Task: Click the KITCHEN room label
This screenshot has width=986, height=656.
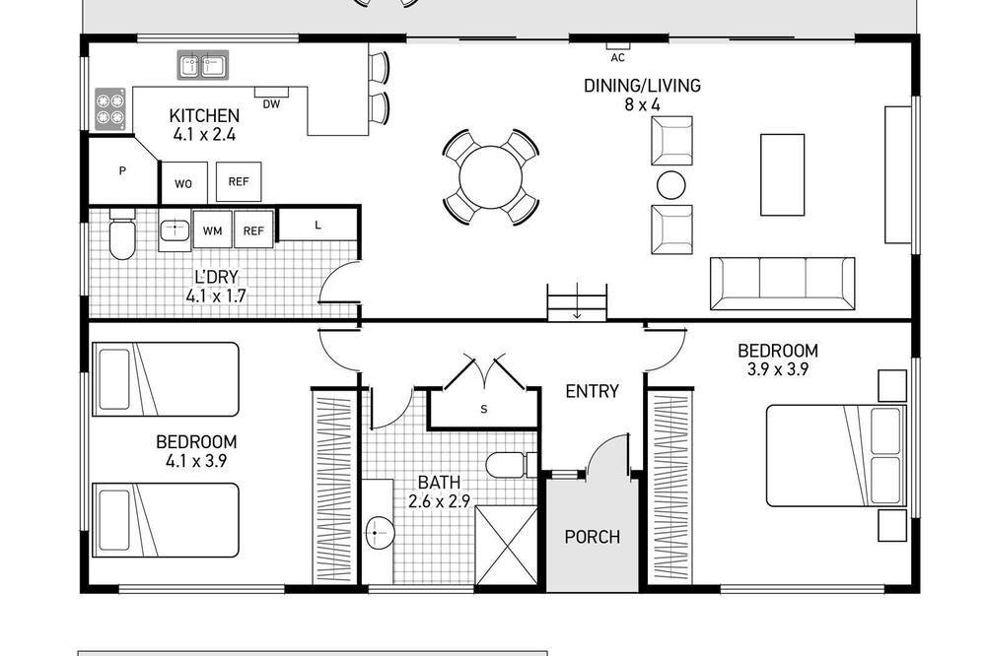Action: point(204,115)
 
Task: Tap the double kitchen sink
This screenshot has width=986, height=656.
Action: point(202,65)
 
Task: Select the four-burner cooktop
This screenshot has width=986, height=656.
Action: point(110,109)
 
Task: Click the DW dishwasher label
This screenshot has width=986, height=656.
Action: point(271,104)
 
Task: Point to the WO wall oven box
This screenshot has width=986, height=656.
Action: point(183,183)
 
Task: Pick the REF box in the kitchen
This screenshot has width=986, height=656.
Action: point(239,181)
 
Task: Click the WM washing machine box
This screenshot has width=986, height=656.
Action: point(213,230)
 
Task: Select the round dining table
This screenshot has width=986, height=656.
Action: point(490,177)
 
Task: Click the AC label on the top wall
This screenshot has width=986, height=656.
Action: point(617,58)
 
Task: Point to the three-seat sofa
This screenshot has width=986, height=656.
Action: point(782,284)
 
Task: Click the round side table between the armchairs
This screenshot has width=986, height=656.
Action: point(670,185)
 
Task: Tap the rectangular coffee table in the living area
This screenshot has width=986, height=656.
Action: point(782,174)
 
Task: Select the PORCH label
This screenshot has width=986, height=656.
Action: point(593,537)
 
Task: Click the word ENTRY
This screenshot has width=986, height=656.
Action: point(592,391)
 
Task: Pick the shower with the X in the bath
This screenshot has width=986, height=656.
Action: point(506,546)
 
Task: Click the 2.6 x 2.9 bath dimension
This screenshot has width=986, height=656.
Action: point(439,501)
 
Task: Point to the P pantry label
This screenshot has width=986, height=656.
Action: point(122,170)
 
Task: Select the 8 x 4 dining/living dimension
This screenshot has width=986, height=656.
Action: point(642,105)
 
